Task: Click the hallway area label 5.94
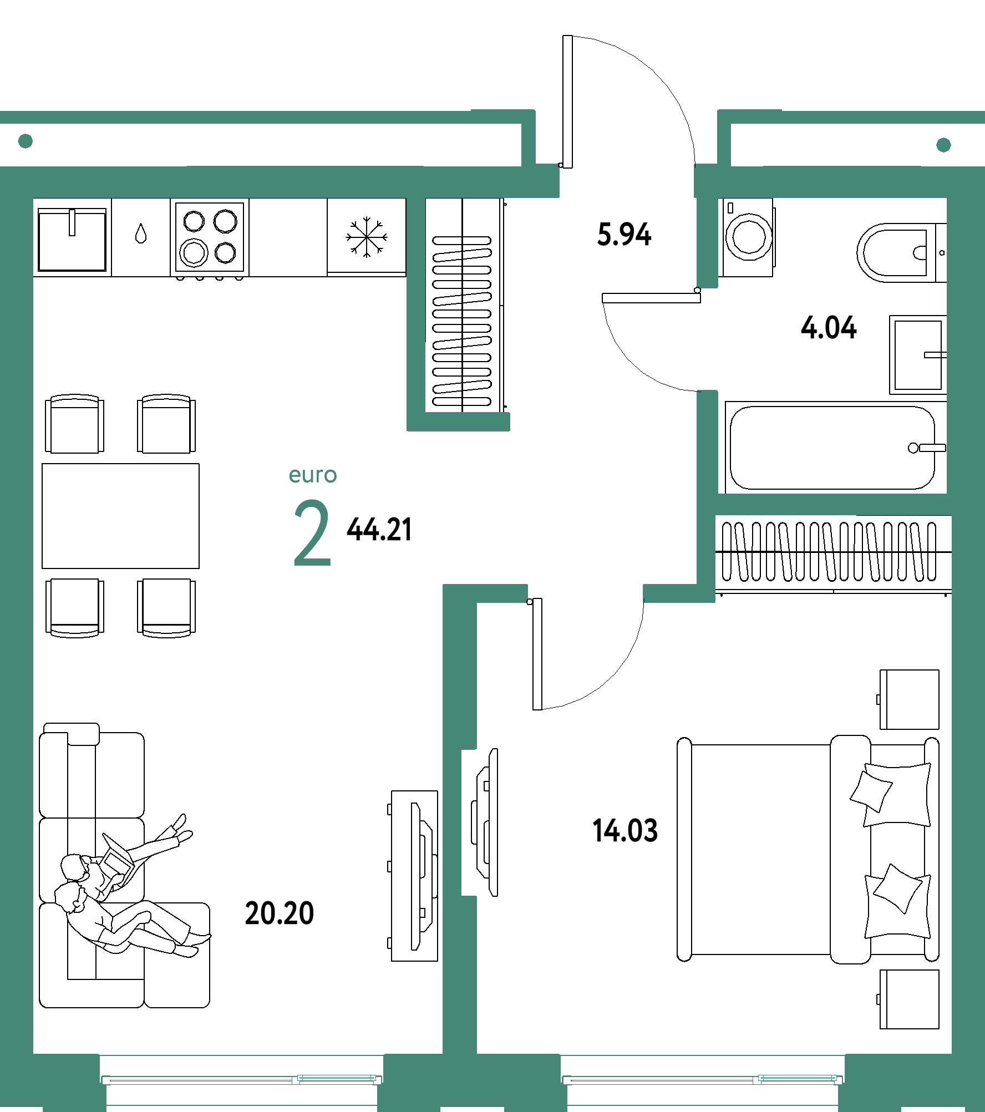[624, 234]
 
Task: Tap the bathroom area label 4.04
[829, 327]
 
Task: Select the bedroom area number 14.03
[625, 830]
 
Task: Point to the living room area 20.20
[280, 913]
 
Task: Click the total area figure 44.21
[379, 529]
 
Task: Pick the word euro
[313, 475]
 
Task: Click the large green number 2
[312, 532]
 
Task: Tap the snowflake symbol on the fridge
[367, 237]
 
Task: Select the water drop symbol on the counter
[141, 233]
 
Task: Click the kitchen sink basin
[72, 240]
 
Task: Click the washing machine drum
[749, 237]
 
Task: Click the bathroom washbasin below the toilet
[918, 355]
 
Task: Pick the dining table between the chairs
[120, 516]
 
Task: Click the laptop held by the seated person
[118, 858]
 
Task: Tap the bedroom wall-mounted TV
[485, 822]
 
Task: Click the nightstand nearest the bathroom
[909, 699]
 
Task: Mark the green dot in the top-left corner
[26, 141]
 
